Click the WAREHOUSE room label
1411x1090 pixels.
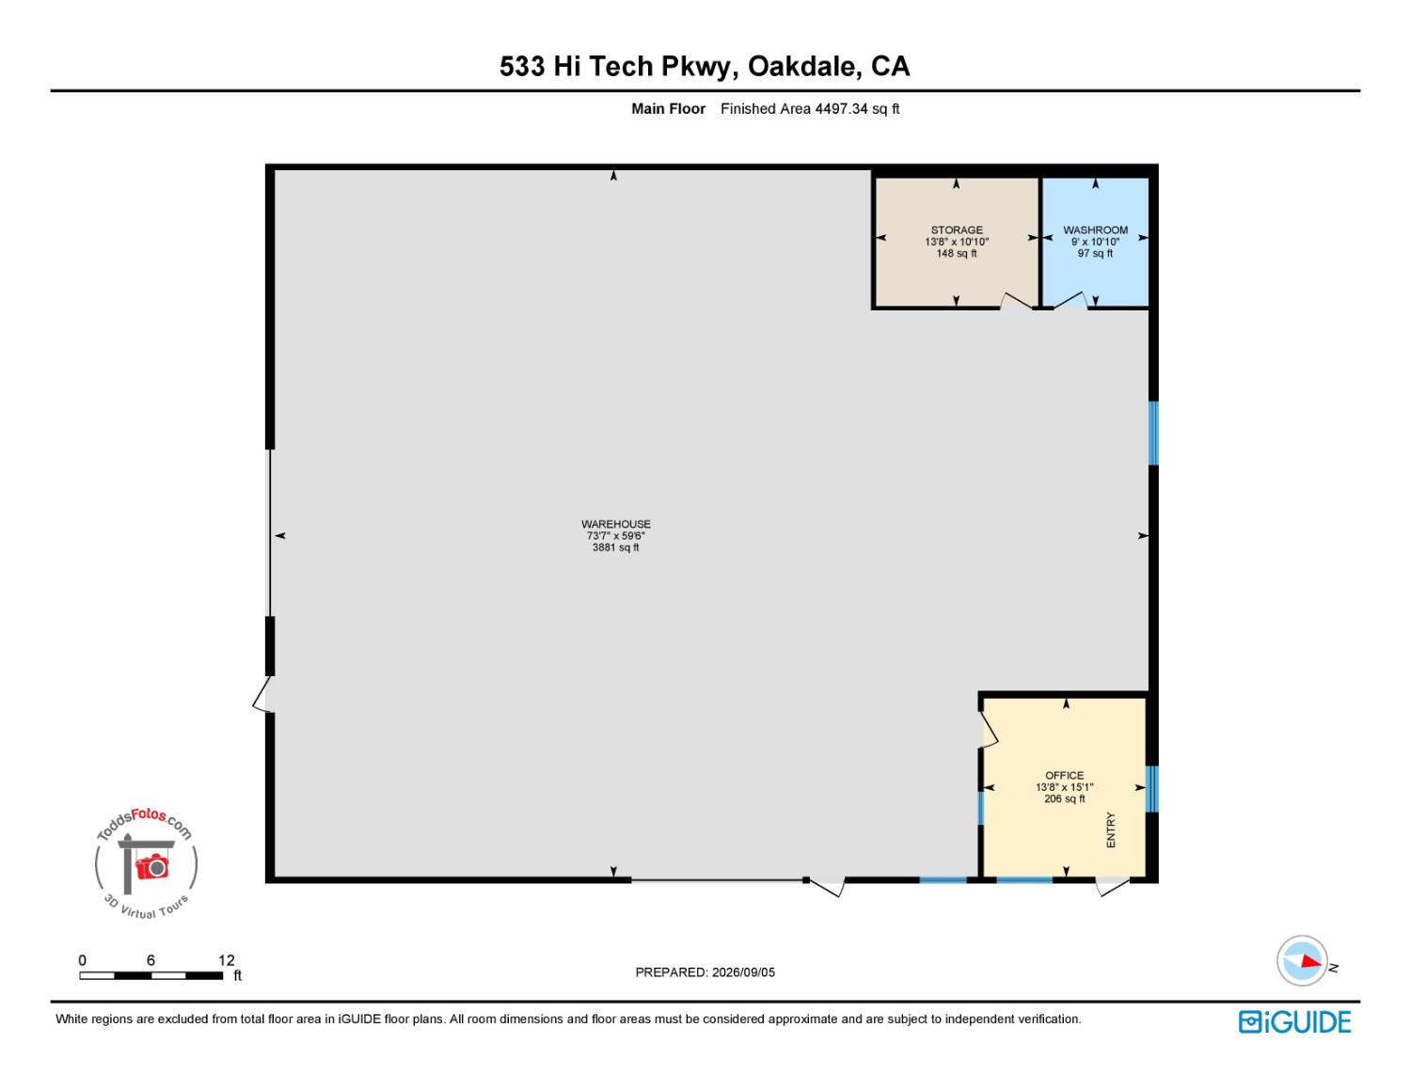tap(615, 524)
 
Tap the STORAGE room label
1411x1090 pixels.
tap(956, 229)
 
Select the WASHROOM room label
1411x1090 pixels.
tap(1095, 229)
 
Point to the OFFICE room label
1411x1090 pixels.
tap(1064, 775)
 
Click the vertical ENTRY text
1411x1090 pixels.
tap(1110, 829)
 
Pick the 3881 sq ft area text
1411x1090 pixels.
tap(615, 547)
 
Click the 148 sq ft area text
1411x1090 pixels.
tap(956, 253)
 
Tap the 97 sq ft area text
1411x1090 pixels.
tap(1095, 253)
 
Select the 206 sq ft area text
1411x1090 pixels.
tap(1064, 798)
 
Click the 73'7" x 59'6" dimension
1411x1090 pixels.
tap(615, 535)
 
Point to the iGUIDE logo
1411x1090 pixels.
tap(1294, 1021)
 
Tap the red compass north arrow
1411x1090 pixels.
tap(1310, 961)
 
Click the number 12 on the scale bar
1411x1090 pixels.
tap(226, 960)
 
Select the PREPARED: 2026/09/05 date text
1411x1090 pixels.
tap(705, 972)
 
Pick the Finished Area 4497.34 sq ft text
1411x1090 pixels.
tap(809, 108)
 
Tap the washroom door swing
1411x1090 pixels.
tap(1070, 301)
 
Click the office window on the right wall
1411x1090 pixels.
tap(1152, 789)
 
